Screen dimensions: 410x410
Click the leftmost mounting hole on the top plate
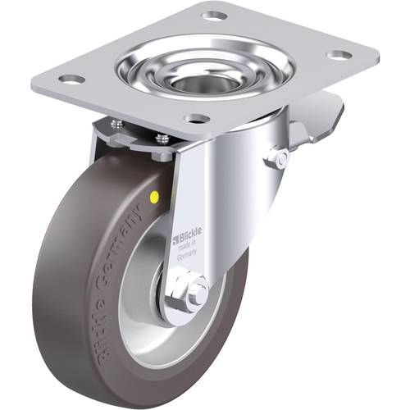click(72, 80)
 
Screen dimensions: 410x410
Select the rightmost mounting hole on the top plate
click(338, 56)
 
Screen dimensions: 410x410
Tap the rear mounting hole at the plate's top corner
click(215, 16)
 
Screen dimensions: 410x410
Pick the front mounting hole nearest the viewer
click(196, 119)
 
